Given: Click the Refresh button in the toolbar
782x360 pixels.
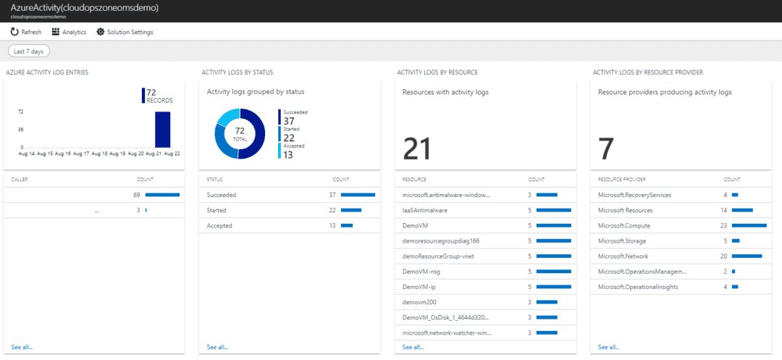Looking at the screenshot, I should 26,32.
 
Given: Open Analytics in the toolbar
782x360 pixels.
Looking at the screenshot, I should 69,32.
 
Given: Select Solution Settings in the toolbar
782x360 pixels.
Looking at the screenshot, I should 125,32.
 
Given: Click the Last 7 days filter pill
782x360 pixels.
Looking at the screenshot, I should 28,51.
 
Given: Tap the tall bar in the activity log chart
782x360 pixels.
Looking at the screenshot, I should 162,129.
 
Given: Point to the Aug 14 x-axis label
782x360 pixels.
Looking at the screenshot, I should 27,154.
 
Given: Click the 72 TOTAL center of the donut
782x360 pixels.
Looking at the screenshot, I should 240,134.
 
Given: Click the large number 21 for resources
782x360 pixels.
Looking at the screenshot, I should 417,148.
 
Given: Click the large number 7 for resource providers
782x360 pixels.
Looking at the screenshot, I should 606,148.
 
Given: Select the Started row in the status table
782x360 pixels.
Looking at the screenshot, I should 216,210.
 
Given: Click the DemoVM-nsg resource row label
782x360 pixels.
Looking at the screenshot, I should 422,271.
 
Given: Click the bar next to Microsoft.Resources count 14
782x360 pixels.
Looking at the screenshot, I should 742,210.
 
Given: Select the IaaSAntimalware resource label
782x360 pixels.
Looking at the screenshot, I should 425,210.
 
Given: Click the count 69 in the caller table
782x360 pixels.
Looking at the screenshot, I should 135,195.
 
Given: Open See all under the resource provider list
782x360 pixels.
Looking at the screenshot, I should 608,348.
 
